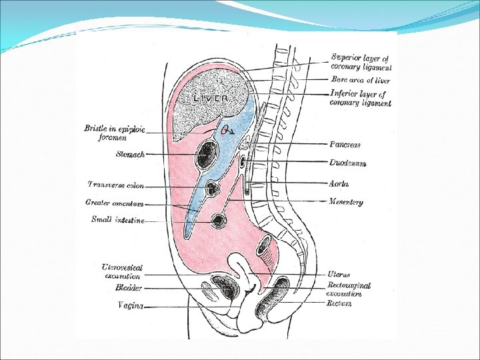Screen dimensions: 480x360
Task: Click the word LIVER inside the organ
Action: tap(211, 98)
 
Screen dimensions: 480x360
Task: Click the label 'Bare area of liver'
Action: tap(360, 81)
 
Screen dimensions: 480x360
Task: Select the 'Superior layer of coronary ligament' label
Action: tap(361, 61)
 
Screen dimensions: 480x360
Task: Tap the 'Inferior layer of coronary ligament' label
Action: tap(361, 99)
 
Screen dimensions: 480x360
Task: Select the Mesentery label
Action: tap(346, 202)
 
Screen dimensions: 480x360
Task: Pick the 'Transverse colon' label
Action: tap(115, 185)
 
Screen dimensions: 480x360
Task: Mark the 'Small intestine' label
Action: tap(117, 219)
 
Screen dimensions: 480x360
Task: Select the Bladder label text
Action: tap(128, 288)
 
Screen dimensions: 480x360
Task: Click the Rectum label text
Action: tap(339, 304)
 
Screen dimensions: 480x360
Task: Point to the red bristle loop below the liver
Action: tap(224, 129)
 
